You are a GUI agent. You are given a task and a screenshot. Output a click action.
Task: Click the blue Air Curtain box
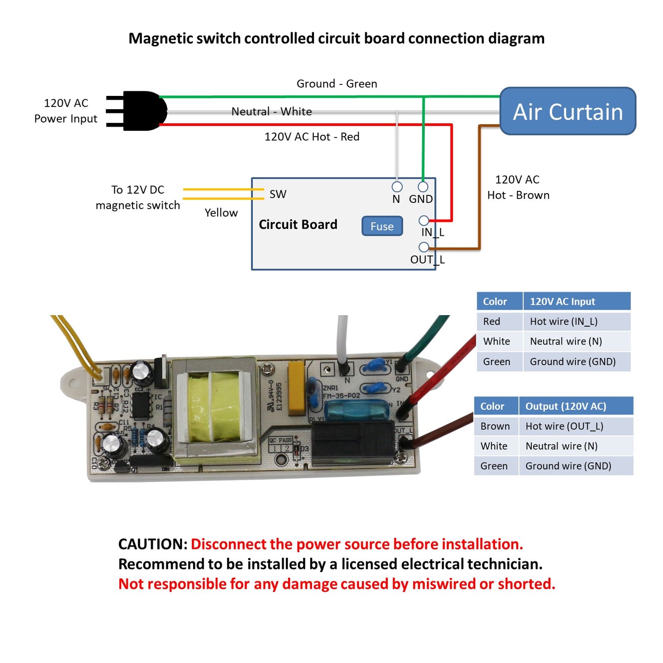[568, 111]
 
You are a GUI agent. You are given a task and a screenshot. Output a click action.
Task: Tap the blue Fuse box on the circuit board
[382, 226]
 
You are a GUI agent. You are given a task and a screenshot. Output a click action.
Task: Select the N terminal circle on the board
[397, 187]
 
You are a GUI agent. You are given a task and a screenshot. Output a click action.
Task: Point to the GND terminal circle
[423, 187]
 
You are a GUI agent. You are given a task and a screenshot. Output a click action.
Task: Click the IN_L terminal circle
[423, 221]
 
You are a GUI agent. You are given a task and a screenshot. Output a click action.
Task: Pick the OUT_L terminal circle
[423, 247]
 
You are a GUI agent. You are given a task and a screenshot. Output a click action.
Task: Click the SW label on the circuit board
[278, 194]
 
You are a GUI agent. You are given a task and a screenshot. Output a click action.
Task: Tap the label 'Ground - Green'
[337, 84]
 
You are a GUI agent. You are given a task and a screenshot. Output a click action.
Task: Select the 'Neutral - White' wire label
[272, 111]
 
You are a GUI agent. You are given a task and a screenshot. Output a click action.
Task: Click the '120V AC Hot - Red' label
[312, 137]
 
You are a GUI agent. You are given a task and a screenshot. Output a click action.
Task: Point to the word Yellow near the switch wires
[221, 213]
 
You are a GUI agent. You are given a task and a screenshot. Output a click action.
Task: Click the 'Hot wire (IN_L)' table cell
[563, 322]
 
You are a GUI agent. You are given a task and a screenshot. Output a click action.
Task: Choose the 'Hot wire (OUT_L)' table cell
[564, 426]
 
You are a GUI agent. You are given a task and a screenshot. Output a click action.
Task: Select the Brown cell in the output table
[495, 426]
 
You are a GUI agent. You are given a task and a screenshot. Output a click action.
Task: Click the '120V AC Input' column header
[562, 301]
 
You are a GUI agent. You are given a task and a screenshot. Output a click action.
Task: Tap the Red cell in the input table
[491, 322]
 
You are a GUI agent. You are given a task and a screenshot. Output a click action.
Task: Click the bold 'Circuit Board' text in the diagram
[298, 224]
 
